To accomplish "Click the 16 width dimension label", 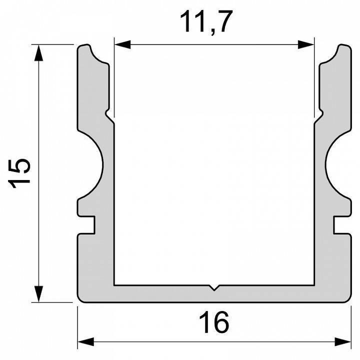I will pyautogui.click(x=213, y=322).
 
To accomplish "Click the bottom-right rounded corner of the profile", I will pyautogui.click(x=349, y=299).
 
